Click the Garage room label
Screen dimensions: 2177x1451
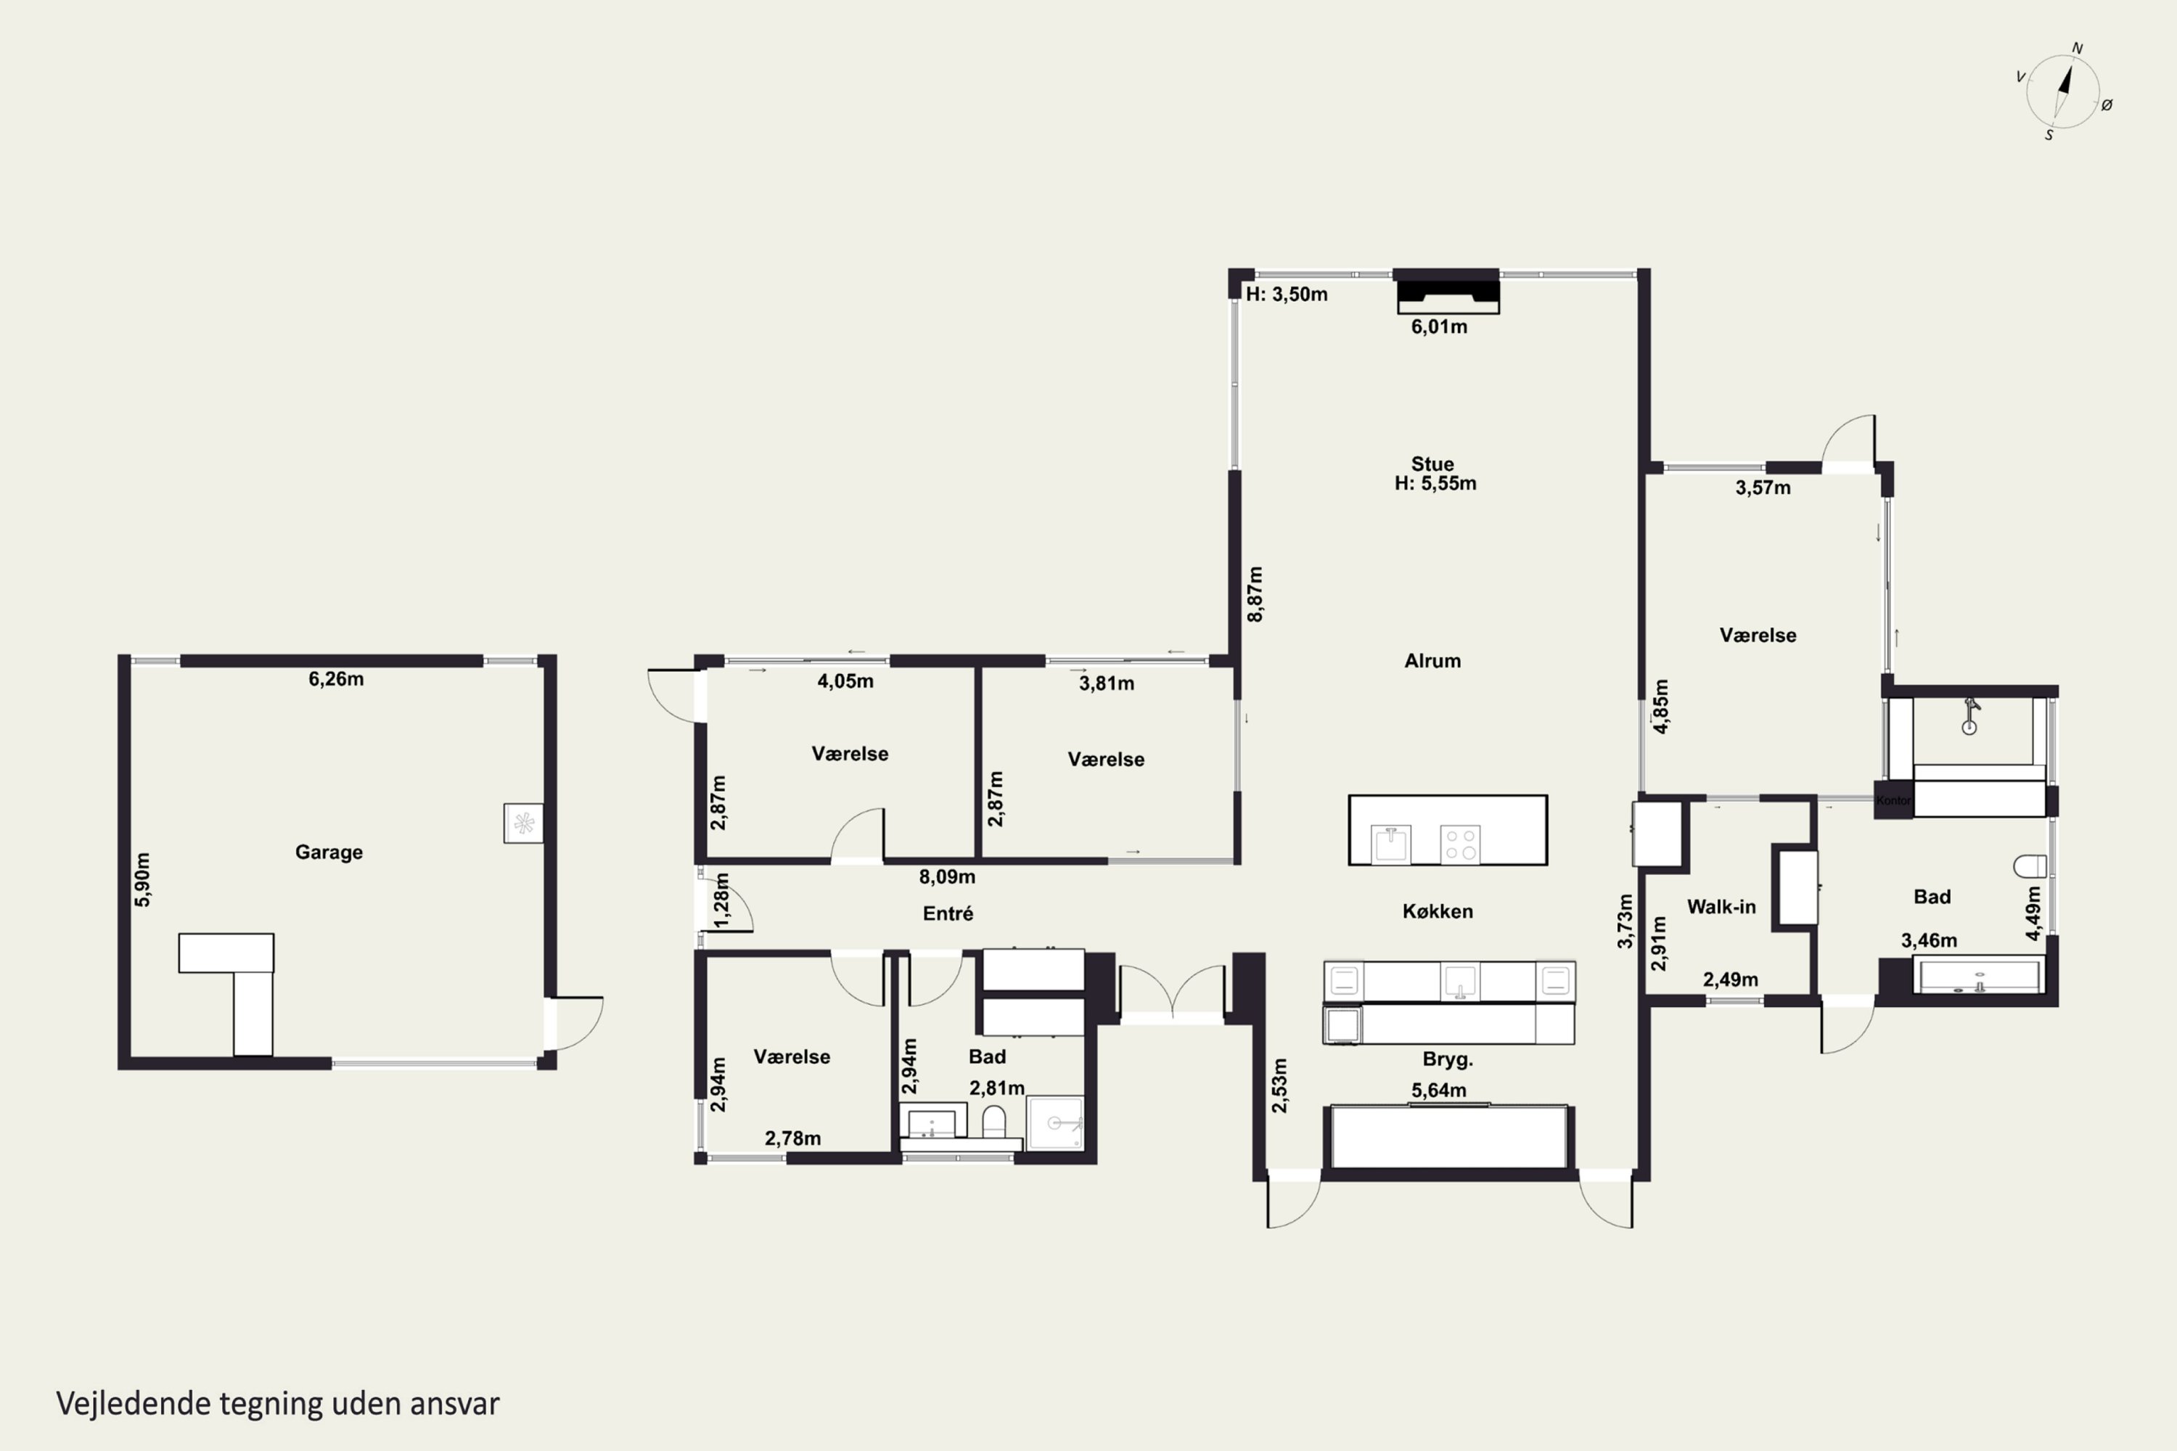329,852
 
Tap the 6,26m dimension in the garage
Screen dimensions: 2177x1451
336,679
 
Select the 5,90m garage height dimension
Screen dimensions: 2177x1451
142,879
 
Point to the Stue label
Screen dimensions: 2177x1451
1432,464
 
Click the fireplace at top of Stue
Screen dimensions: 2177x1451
1448,292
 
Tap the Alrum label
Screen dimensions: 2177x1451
1432,661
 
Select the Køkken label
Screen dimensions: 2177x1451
1438,911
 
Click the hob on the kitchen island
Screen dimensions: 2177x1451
1461,844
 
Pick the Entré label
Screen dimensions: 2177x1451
948,913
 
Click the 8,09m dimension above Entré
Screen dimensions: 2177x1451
947,876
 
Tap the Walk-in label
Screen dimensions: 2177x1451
1721,907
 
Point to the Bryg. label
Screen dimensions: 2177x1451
1448,1059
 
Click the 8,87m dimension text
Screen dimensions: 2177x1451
1255,594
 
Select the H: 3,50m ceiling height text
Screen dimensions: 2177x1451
1287,295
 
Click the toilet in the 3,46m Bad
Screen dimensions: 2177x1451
2030,866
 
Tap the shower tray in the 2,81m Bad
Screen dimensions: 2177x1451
1055,1123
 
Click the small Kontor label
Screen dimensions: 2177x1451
1893,800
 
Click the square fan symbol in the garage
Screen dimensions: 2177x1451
523,823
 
